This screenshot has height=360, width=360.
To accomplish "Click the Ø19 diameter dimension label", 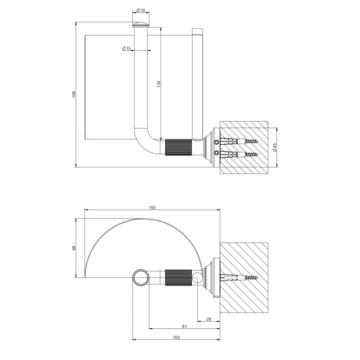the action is point(140,10).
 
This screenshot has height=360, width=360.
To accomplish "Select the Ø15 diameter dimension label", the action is point(126,48).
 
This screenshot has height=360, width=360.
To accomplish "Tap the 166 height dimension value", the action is point(74,94).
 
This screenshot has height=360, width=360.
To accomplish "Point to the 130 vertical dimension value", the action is point(159,84).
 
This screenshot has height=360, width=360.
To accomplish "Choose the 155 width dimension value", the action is point(152,208).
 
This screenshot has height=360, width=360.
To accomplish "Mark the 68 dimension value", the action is point(74,248).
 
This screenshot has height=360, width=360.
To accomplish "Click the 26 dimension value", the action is point(209,319).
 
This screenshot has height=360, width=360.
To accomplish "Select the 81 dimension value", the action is point(184,327).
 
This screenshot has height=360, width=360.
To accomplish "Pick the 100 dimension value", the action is point(176,337).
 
